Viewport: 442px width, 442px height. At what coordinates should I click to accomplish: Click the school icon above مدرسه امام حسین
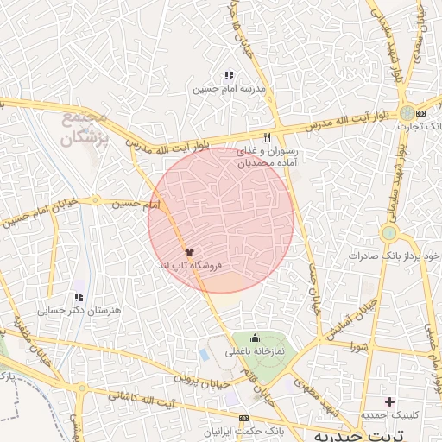tap(229, 75)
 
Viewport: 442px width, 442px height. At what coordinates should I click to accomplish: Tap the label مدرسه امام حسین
tap(230, 88)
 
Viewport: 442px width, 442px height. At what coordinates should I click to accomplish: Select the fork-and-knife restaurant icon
tap(268, 137)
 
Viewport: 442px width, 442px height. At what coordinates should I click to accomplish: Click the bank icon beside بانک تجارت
tap(420, 113)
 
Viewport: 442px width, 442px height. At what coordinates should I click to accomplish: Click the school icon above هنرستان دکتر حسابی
tap(79, 296)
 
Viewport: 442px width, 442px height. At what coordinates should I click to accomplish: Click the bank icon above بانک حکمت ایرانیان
tap(243, 418)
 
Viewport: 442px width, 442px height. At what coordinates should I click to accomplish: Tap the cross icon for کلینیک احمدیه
tap(390, 401)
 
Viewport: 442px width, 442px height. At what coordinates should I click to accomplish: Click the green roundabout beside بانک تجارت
tap(406, 113)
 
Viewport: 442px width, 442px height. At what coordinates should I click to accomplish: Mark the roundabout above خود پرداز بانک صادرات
tap(389, 232)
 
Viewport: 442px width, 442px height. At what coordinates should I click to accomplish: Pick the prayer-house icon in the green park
tap(256, 338)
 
